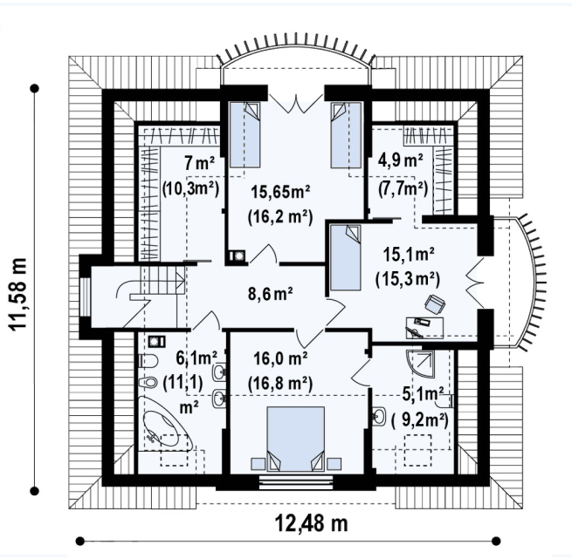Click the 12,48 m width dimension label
(311, 523)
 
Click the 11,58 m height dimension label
(17, 295)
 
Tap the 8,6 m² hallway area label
(271, 294)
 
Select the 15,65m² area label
(280, 191)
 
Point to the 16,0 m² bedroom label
(280, 358)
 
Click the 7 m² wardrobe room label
(199, 163)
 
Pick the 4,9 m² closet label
(401, 160)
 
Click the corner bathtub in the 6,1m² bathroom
(165, 423)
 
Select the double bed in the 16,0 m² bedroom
(296, 439)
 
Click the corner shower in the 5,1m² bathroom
(420, 363)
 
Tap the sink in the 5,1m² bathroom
(379, 416)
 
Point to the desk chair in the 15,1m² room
(435, 303)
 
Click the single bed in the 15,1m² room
(345, 257)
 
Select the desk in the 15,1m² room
(424, 328)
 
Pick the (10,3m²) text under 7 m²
(190, 188)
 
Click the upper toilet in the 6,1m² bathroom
(148, 361)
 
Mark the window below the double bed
(296, 481)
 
